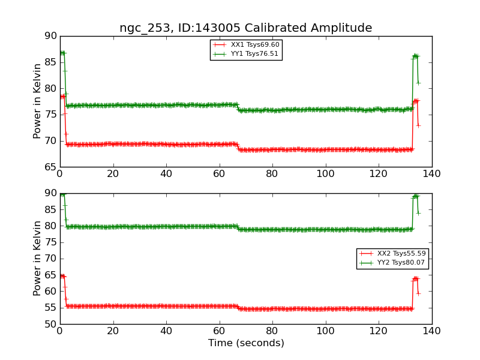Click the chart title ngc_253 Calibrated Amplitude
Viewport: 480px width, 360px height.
245,28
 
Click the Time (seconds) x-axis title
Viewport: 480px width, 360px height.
246,343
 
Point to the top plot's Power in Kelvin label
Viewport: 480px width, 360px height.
37,101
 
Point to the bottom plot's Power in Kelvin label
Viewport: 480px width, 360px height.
37,259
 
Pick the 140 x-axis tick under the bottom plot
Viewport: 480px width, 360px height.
431,331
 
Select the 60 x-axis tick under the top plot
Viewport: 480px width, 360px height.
219,174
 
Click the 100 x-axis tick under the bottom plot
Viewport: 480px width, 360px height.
325,331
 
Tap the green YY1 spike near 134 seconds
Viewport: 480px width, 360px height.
415,56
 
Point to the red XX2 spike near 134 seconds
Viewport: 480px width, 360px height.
415,278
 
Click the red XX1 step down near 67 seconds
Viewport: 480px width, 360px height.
238,147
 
